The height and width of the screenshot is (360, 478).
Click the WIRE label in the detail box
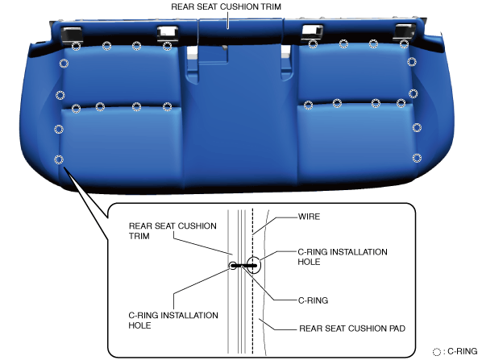(309, 217)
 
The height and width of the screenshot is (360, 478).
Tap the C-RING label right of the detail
(313, 300)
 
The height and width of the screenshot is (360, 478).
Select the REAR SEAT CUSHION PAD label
(352, 329)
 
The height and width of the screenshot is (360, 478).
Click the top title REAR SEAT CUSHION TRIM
(226, 6)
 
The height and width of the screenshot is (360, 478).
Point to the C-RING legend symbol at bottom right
(437, 352)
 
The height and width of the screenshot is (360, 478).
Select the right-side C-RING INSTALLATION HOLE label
(343, 257)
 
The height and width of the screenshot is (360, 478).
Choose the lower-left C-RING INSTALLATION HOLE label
(173, 320)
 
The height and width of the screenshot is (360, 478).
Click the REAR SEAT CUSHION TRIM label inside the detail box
(172, 231)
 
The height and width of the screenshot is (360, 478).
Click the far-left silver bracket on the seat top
(72, 34)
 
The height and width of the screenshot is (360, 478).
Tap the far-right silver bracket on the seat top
(404, 31)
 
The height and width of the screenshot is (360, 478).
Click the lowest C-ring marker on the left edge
(59, 159)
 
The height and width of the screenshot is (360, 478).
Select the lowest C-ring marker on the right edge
(417, 158)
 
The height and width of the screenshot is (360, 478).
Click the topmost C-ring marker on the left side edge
(64, 64)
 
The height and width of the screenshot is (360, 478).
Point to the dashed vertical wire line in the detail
(252, 281)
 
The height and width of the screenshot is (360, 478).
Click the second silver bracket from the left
(167, 34)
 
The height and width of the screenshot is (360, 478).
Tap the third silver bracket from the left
(312, 32)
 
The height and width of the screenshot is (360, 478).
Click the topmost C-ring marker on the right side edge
(412, 62)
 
